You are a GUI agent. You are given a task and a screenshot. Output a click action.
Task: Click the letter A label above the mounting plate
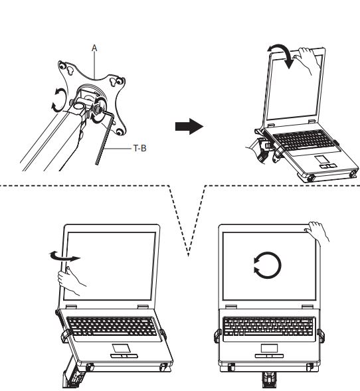[x=94, y=48]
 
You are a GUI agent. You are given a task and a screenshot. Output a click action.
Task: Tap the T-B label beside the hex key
[x=139, y=149]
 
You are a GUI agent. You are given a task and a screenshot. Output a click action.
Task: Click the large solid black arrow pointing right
[x=189, y=126]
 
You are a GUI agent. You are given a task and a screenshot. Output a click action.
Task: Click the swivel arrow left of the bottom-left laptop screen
[x=65, y=257]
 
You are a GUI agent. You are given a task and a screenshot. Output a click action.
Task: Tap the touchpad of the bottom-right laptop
[x=269, y=348]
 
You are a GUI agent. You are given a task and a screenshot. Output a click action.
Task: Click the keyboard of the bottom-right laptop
[x=268, y=327]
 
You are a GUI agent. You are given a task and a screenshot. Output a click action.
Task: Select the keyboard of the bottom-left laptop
[x=112, y=327]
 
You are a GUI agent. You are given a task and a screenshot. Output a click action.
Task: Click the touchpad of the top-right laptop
[x=320, y=159]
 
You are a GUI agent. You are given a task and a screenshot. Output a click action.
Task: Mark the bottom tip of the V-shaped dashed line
[x=189, y=256]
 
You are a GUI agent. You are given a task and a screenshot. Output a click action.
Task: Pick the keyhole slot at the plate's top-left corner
[x=70, y=71]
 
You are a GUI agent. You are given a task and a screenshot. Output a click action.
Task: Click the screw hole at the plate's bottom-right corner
[x=120, y=131]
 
